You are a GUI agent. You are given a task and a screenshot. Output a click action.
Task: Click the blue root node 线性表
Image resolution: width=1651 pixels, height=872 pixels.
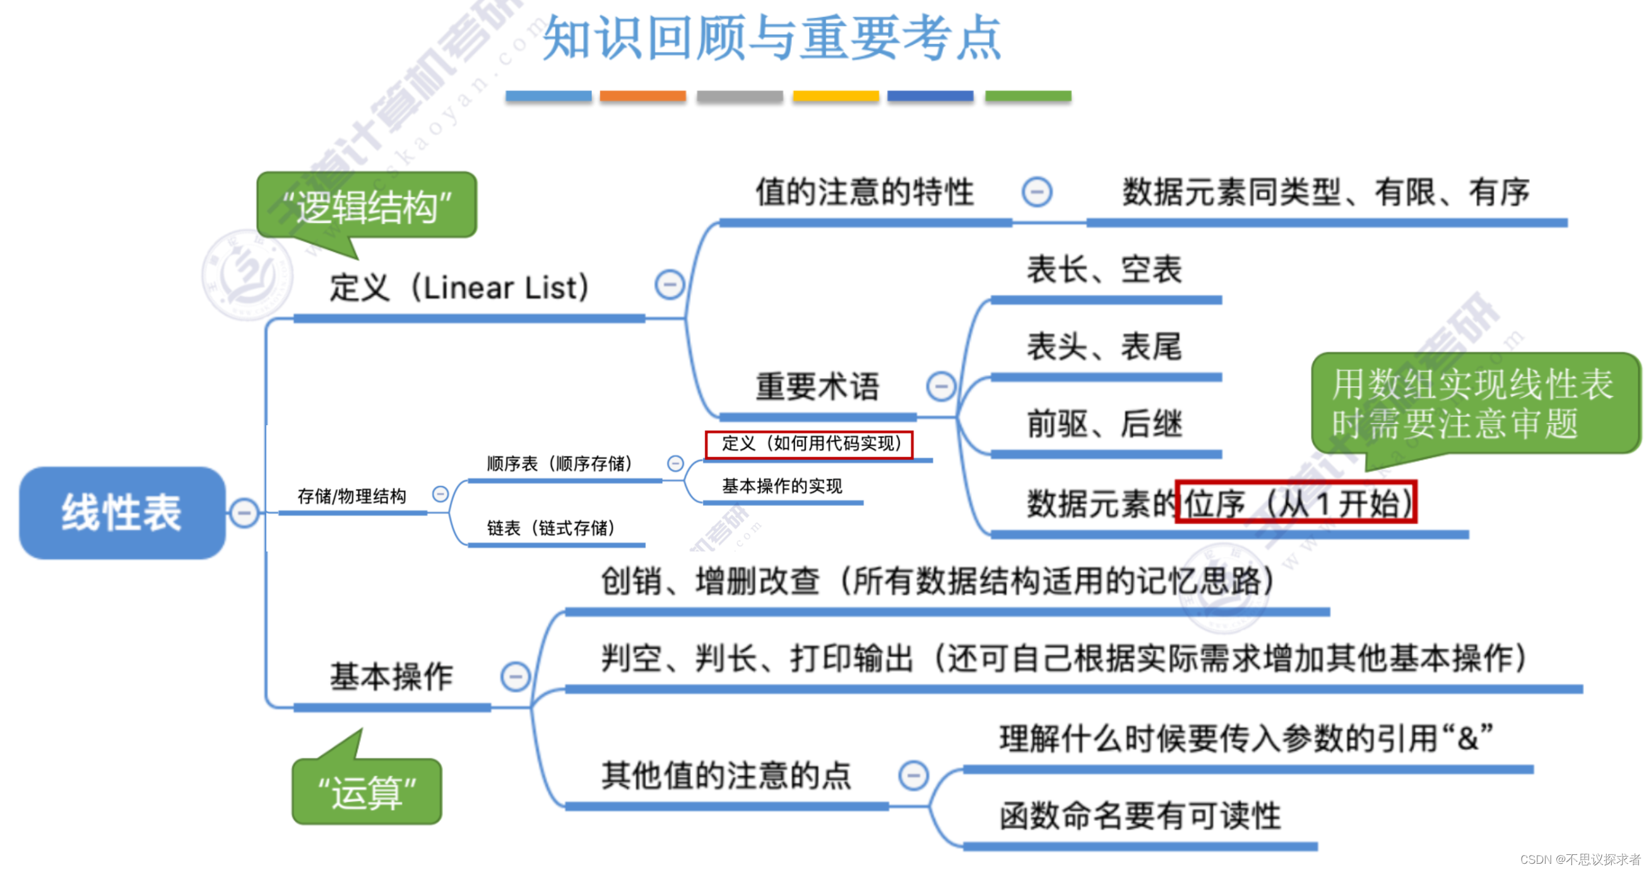click(122, 512)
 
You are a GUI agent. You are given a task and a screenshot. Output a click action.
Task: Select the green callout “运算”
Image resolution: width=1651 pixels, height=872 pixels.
click(367, 792)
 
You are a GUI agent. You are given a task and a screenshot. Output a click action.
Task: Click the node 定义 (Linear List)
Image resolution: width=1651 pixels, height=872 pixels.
click(459, 288)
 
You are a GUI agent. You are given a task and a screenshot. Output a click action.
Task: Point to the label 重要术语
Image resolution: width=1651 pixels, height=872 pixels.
click(817, 387)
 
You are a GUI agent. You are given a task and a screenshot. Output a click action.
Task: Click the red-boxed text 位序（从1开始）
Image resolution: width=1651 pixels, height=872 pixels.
click(1296, 503)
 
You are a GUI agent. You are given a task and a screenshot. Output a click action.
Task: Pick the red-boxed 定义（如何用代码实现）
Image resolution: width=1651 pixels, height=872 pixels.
click(810, 444)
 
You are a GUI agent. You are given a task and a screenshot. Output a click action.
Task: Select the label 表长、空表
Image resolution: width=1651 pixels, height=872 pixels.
click(1104, 269)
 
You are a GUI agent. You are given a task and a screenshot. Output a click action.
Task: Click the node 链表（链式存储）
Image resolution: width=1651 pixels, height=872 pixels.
click(551, 529)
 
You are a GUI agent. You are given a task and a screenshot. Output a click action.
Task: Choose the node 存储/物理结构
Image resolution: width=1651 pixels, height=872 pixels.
click(352, 497)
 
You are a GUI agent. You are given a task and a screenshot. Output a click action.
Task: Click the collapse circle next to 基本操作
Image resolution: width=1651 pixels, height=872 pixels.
click(515, 677)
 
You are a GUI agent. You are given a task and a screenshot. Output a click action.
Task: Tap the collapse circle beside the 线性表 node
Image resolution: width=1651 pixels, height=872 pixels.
click(244, 513)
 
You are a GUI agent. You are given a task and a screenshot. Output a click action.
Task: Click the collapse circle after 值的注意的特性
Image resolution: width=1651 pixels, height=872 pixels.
click(1037, 192)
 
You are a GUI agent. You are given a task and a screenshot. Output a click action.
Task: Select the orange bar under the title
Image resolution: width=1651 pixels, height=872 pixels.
click(643, 96)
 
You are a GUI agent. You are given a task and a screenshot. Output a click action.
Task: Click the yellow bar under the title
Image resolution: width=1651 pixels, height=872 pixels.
click(836, 96)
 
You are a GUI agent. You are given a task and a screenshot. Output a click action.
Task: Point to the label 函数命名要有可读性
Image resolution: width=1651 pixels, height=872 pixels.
click(1140, 816)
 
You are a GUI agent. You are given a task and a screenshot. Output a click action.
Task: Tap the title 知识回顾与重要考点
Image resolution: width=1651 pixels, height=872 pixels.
click(772, 38)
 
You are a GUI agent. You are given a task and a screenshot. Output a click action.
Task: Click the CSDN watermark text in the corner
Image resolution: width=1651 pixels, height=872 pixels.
click(1580, 859)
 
